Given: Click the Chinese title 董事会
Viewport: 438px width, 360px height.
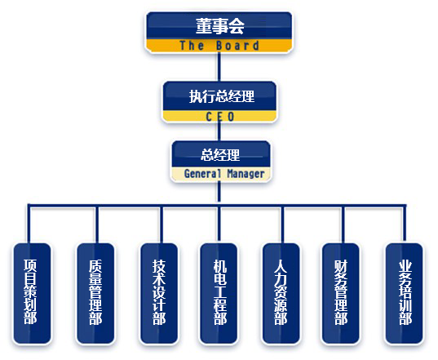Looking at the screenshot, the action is tap(220, 26).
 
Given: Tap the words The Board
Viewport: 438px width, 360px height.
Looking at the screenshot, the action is tap(219, 45).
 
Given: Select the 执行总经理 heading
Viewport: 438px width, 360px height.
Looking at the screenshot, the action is tap(222, 96).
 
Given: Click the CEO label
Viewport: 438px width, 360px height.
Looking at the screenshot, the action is tap(220, 117).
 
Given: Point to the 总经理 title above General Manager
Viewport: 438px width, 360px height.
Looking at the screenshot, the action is tap(220, 155).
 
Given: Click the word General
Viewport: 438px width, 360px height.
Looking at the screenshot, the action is tap(202, 174).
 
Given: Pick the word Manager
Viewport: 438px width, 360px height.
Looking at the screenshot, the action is tap(246, 174).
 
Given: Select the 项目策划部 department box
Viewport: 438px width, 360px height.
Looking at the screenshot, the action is tap(32, 293).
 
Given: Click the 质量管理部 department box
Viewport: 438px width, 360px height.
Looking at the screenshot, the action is tap(95, 293).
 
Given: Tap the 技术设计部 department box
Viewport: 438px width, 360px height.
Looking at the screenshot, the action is tap(159, 293).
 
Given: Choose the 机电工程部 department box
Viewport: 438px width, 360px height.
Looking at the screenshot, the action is tap(219, 293).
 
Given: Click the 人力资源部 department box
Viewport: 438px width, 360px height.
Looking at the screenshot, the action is tap(281, 293).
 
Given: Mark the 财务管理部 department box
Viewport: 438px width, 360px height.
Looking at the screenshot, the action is tap(340, 293).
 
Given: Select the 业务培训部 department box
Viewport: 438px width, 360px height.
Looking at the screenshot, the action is tap(404, 293).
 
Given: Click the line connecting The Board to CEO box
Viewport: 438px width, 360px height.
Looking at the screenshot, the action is tap(219, 67).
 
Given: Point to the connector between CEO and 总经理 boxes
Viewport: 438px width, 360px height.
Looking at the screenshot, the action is tap(219, 131).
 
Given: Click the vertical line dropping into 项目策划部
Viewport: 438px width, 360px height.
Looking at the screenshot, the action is tap(29, 224).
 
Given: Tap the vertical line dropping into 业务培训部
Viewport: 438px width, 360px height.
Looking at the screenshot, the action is tap(405, 224).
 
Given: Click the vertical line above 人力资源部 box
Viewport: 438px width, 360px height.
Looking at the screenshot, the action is tap(283, 224).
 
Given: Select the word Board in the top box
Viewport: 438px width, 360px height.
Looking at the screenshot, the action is tap(237, 45).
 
